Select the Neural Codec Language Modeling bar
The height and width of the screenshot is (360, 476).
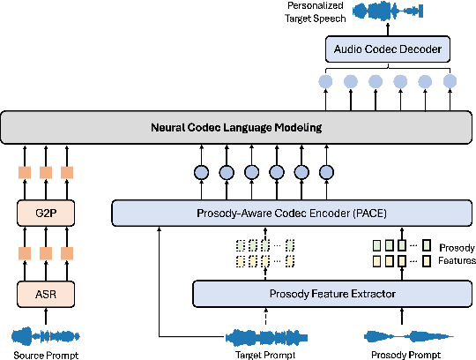pyautogui.click(x=236, y=127)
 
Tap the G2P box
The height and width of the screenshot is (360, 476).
pyautogui.click(x=41, y=213)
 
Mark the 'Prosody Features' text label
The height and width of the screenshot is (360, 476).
pyautogui.click(x=457, y=256)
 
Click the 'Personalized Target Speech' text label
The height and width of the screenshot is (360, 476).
pyautogui.click(x=316, y=11)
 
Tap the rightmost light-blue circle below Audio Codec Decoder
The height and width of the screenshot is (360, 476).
pyautogui.click(x=450, y=81)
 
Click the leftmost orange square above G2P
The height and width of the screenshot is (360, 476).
pyautogui.click(x=24, y=172)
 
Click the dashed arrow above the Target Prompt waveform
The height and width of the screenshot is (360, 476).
pyautogui.click(x=264, y=315)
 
